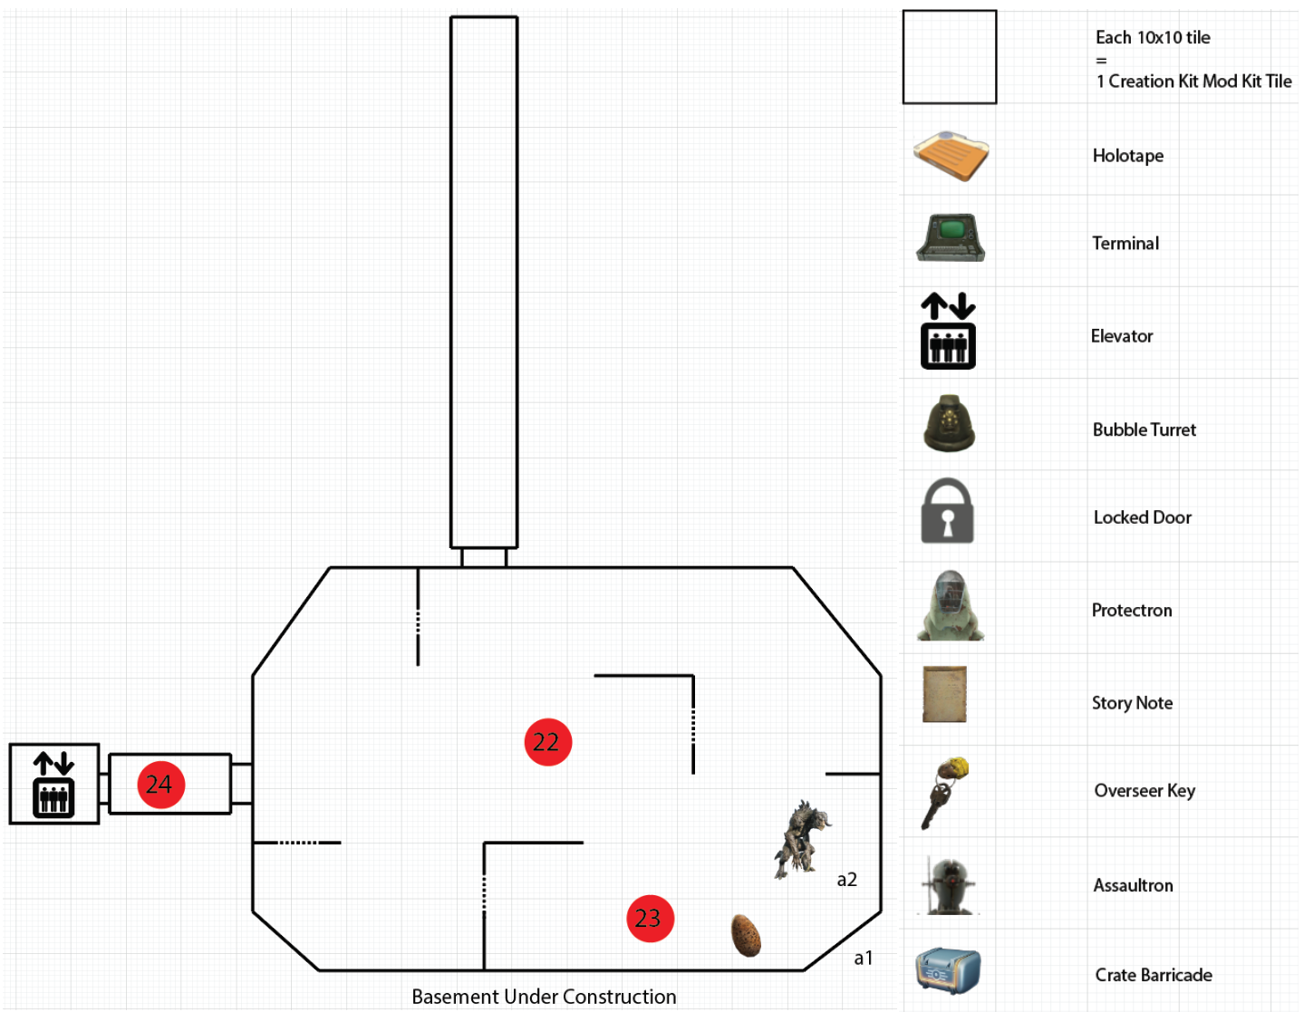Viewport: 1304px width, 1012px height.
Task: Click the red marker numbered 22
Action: [x=548, y=742]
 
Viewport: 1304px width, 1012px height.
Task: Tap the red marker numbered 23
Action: [x=650, y=918]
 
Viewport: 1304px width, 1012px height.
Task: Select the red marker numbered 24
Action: [x=160, y=785]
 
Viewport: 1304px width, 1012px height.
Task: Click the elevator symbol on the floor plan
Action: [x=53, y=785]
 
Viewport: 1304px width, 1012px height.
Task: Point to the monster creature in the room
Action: [x=801, y=839]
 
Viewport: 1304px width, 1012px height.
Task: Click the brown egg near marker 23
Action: [x=746, y=935]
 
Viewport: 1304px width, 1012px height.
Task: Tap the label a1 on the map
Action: [x=863, y=958]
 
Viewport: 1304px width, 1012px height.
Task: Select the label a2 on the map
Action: [x=846, y=879]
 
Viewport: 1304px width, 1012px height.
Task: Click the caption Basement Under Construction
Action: [x=544, y=997]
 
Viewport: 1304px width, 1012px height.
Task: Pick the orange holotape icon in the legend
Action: [x=951, y=155]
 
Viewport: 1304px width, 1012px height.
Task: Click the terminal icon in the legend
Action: [x=951, y=237]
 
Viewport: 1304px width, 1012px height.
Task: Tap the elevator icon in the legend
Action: [x=948, y=331]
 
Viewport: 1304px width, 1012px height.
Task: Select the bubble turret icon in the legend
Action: [x=949, y=423]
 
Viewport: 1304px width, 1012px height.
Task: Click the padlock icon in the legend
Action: [x=947, y=511]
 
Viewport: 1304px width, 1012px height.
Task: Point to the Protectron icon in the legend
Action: [x=950, y=606]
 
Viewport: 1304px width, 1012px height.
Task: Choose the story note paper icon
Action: [x=944, y=694]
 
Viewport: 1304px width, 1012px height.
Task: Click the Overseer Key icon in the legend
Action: [x=945, y=792]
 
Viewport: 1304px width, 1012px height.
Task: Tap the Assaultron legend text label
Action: [x=1133, y=885]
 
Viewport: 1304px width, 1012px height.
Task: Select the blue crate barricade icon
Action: [x=948, y=971]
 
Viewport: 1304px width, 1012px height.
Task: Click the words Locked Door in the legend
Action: [x=1142, y=517]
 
